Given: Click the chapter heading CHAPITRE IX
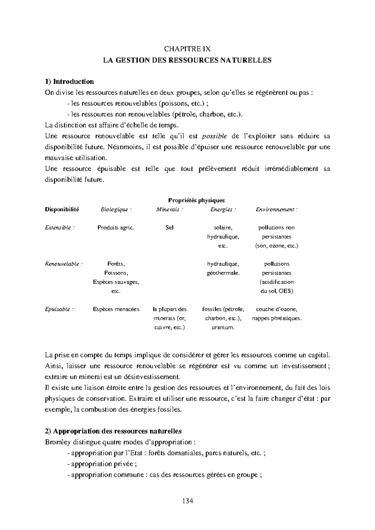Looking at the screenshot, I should [x=187, y=49].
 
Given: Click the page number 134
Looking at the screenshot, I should [x=187, y=501].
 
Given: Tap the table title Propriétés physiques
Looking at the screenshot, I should [x=197, y=200].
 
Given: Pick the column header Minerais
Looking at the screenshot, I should [x=169, y=210].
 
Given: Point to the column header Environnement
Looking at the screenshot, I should [x=277, y=210].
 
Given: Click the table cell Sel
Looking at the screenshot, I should [x=169, y=228].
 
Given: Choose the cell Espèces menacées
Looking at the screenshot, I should [x=116, y=309].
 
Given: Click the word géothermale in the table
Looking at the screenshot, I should [x=223, y=273].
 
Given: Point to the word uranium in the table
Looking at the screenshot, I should [x=223, y=327].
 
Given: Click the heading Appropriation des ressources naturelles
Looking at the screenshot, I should [x=117, y=431].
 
